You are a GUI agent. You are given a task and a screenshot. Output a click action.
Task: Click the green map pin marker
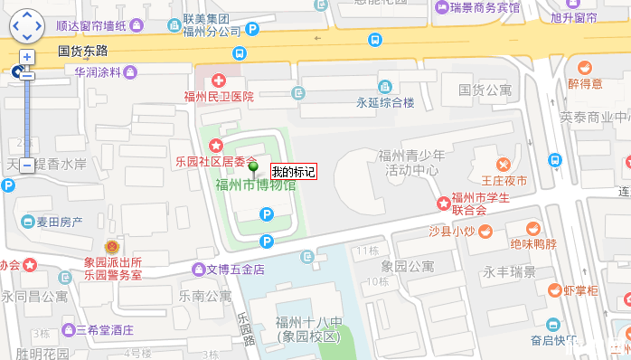point(254,166)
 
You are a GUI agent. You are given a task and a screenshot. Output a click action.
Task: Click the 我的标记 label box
point(293,172)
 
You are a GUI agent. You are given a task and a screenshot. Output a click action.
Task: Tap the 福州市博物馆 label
point(255,185)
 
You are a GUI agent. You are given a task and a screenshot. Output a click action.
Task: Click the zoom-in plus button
point(26,56)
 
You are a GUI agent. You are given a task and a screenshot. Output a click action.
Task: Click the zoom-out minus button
point(26,165)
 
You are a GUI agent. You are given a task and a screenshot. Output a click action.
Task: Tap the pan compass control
point(26,26)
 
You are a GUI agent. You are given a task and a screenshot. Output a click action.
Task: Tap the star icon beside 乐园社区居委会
point(216,146)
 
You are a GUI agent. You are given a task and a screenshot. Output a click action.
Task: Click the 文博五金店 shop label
point(235,269)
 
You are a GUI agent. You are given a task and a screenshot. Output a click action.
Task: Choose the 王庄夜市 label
point(504,182)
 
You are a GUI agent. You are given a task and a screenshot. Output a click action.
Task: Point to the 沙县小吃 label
point(451,232)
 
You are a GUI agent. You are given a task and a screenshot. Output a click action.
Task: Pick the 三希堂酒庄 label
point(105,329)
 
